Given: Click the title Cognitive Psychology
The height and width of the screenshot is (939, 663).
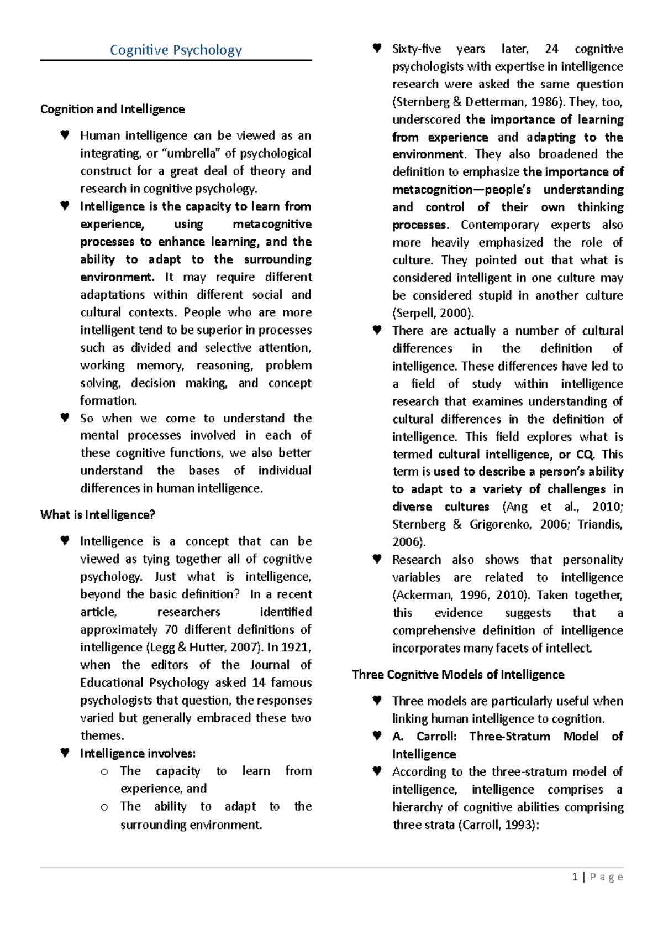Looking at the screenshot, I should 176,50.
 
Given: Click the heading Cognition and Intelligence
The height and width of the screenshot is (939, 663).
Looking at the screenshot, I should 112,109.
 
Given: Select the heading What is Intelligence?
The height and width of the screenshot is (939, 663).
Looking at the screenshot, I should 97,514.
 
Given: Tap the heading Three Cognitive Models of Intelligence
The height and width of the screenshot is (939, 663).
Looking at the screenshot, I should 458,674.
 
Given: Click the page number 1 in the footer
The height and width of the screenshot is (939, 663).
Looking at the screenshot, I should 575,877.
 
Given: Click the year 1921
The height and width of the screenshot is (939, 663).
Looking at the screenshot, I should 296,647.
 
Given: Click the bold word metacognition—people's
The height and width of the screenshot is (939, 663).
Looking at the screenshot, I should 462,190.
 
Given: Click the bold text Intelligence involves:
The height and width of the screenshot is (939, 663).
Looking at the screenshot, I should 138,753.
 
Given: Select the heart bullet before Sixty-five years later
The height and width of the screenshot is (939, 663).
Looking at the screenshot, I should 377,48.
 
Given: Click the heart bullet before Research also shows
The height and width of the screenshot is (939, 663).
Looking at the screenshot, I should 377,559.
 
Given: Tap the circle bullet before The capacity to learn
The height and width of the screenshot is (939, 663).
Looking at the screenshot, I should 104,771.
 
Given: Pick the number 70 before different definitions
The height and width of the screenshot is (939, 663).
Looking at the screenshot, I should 171,629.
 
